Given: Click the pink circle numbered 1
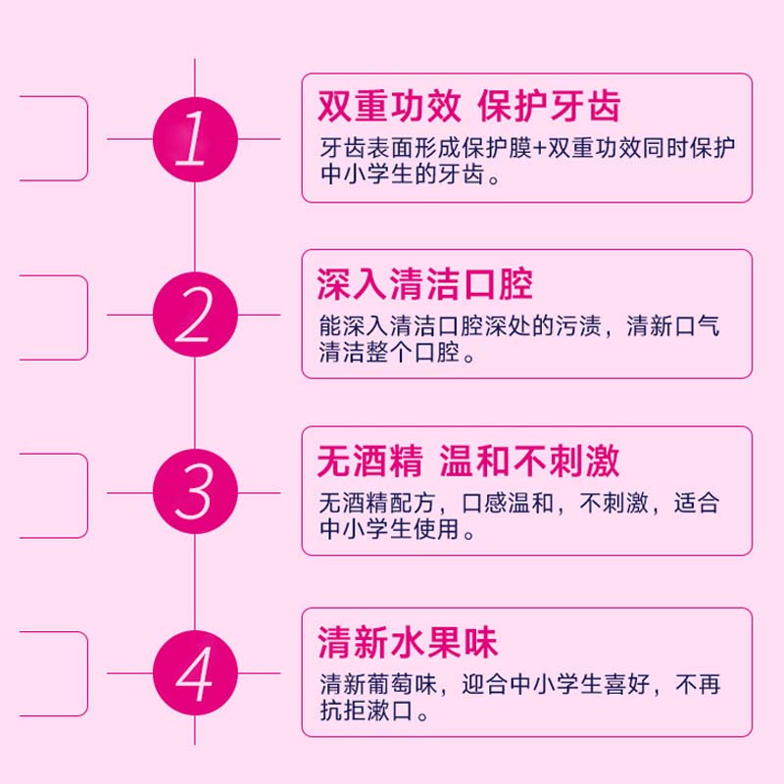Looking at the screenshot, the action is (x=195, y=138).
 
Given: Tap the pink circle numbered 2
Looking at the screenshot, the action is (x=195, y=315).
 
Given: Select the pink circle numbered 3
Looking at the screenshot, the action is (x=195, y=491).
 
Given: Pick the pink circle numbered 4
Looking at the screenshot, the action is (x=195, y=673).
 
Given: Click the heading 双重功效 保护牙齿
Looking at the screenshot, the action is (x=469, y=106).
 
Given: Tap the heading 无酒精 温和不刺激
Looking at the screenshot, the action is (x=468, y=461).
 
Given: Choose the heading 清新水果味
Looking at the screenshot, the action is (x=408, y=643).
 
